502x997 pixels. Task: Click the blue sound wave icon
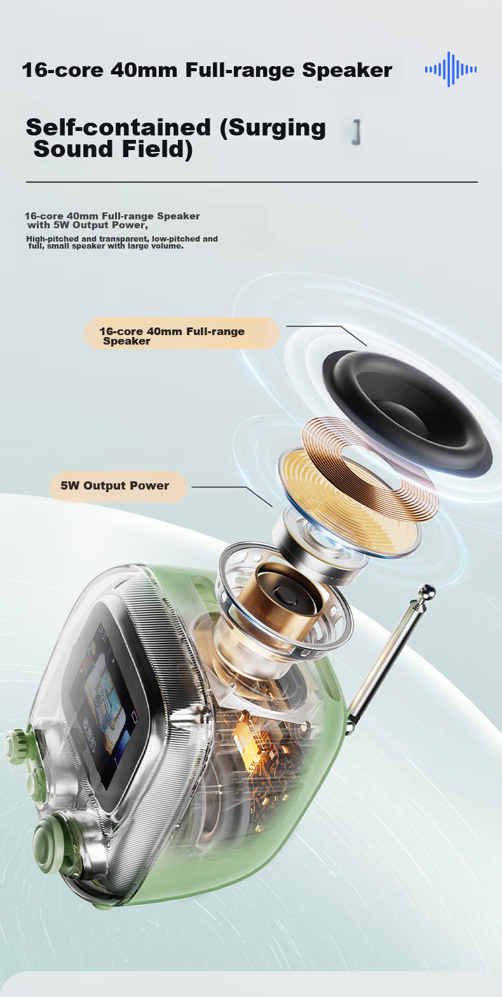[451, 69]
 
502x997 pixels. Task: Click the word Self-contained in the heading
[118, 127]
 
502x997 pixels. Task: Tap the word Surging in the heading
[273, 128]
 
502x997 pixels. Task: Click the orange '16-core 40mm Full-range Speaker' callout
[182, 333]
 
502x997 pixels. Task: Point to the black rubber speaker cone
[407, 413]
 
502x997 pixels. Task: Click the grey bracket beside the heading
[356, 132]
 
